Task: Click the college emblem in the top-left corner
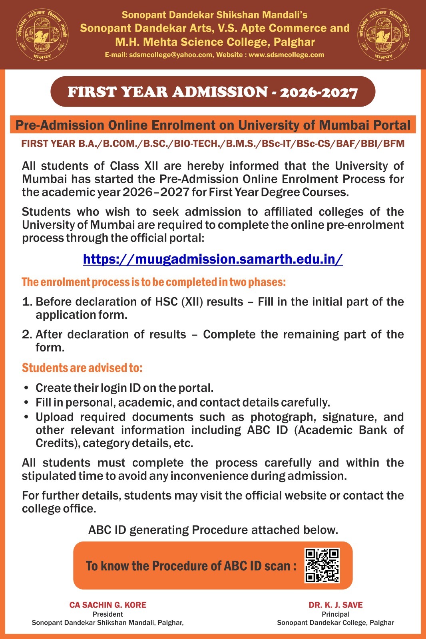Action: click(42, 35)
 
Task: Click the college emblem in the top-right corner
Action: click(383, 35)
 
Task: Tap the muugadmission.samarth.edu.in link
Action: click(213, 259)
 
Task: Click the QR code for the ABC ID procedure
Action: click(322, 565)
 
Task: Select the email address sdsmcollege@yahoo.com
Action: click(171, 55)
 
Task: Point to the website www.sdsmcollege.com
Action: click(286, 55)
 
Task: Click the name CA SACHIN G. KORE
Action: click(108, 605)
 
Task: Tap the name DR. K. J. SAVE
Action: click(336, 605)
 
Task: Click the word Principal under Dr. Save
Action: click(336, 614)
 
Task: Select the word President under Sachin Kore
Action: click(108, 614)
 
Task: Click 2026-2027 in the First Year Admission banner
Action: click(319, 93)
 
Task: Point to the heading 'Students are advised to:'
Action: click(82, 368)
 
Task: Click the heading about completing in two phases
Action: click(154, 282)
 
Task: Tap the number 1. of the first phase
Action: click(27, 302)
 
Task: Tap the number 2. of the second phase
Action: click(27, 335)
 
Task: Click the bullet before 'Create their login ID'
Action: click(26, 388)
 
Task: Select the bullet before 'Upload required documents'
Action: click(26, 417)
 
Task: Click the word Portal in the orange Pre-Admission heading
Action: click(392, 125)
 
